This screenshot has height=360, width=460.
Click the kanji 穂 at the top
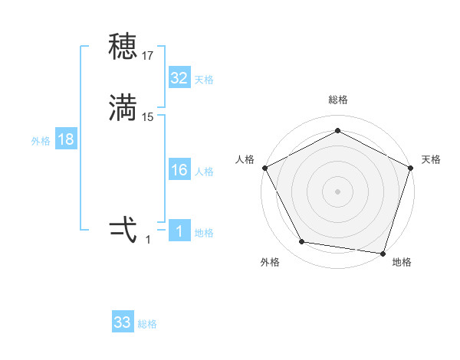[123, 48]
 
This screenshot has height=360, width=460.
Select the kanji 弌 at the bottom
[123, 230]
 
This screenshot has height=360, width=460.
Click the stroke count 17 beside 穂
[148, 56]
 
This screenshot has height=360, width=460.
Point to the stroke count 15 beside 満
[148, 117]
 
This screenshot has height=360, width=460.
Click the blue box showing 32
[179, 78]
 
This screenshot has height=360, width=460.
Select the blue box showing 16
[179, 170]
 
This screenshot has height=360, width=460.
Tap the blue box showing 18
[66, 139]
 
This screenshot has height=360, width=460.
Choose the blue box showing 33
[123, 322]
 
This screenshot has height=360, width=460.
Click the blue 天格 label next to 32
[204, 80]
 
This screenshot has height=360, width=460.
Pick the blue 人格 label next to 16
[204, 172]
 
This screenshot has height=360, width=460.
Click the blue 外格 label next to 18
[41, 141]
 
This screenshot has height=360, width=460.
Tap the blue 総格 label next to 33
[147, 324]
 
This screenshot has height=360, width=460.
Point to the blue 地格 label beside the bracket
[204, 233]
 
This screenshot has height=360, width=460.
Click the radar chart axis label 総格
[337, 100]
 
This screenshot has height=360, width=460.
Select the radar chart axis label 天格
[431, 159]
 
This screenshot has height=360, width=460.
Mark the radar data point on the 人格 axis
[264, 167]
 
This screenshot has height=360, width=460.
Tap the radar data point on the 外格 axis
[302, 242]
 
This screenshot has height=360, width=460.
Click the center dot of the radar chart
[337, 191]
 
